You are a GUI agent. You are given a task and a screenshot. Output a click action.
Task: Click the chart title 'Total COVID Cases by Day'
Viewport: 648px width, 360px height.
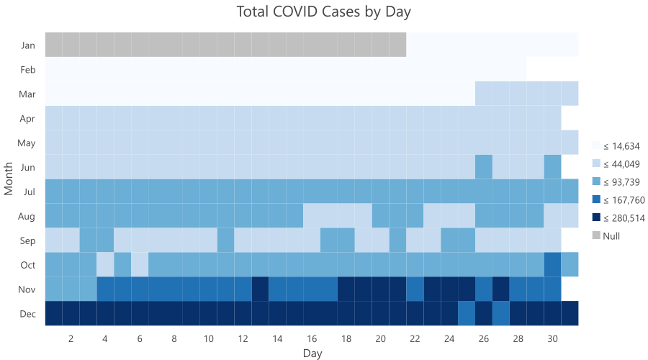click(x=323, y=12)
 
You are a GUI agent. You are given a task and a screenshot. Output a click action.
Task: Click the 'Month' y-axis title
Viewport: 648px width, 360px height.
click(x=9, y=179)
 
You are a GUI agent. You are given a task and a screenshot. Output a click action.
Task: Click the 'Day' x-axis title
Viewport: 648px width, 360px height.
click(x=312, y=354)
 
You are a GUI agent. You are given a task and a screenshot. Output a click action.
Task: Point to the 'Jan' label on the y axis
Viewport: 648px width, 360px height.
click(x=29, y=45)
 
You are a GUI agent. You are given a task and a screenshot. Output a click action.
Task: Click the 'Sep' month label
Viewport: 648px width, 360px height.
click(x=29, y=240)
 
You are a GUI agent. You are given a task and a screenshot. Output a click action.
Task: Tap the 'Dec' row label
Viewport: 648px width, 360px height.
click(x=29, y=314)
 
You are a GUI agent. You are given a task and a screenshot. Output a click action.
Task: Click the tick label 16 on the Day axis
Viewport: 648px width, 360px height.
click(x=312, y=338)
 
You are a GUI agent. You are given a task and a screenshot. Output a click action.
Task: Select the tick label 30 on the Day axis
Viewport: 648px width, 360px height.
click(x=552, y=338)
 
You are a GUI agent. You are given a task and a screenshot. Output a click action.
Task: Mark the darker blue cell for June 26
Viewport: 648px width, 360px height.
click(x=484, y=167)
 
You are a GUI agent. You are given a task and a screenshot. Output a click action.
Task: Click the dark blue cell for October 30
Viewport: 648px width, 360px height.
click(x=552, y=264)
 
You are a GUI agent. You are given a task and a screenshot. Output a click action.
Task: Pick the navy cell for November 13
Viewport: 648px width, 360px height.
click(x=260, y=289)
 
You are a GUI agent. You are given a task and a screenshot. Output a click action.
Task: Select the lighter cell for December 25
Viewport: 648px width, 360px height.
click(x=467, y=313)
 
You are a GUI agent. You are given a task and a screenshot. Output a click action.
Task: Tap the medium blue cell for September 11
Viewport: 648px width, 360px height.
click(x=225, y=240)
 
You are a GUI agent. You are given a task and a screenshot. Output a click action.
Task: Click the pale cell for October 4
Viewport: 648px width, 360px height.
click(x=105, y=264)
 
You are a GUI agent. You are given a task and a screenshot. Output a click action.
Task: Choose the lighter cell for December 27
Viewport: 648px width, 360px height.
click(x=501, y=313)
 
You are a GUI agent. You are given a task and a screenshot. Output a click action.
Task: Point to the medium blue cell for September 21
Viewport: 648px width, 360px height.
click(x=397, y=240)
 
